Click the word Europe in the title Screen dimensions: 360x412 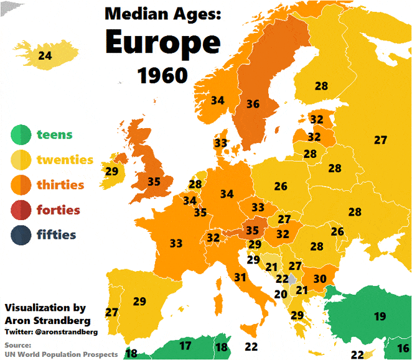(x=162, y=42)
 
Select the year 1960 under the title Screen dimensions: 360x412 (x=162, y=75)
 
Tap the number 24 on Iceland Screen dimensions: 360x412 (x=45, y=56)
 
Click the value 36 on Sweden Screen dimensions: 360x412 (x=253, y=104)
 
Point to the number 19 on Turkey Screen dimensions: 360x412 (x=380, y=316)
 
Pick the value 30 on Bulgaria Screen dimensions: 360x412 (x=320, y=279)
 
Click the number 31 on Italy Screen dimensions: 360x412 (x=240, y=277)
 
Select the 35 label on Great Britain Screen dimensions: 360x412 (x=154, y=182)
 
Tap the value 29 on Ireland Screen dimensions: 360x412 (x=112, y=171)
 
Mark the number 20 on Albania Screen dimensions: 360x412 (x=281, y=294)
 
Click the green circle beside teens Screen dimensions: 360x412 (x=21, y=134)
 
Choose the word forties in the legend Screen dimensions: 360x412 (x=58, y=210)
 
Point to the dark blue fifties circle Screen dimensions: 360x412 (x=21, y=235)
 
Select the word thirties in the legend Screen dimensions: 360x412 (x=60, y=185)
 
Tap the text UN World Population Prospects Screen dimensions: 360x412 (x=61, y=354)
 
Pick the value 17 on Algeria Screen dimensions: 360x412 (x=185, y=345)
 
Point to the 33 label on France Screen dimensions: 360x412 (x=176, y=243)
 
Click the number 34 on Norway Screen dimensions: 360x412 (x=218, y=100)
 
